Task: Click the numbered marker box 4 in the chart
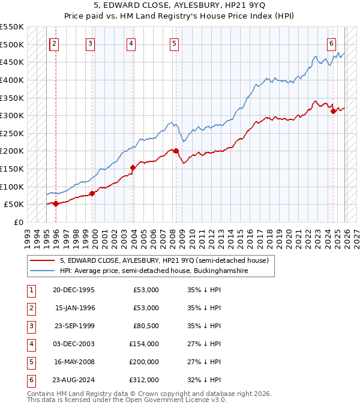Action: coord(131,43)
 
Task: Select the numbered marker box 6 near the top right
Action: coord(331,43)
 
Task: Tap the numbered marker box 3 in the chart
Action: coord(90,43)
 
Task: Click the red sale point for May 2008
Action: coord(176,151)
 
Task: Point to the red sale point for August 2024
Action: coord(333,110)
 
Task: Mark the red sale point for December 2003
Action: coord(133,167)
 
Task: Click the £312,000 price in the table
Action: coord(144,380)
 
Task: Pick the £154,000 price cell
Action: coord(144,344)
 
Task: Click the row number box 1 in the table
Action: coord(31,290)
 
